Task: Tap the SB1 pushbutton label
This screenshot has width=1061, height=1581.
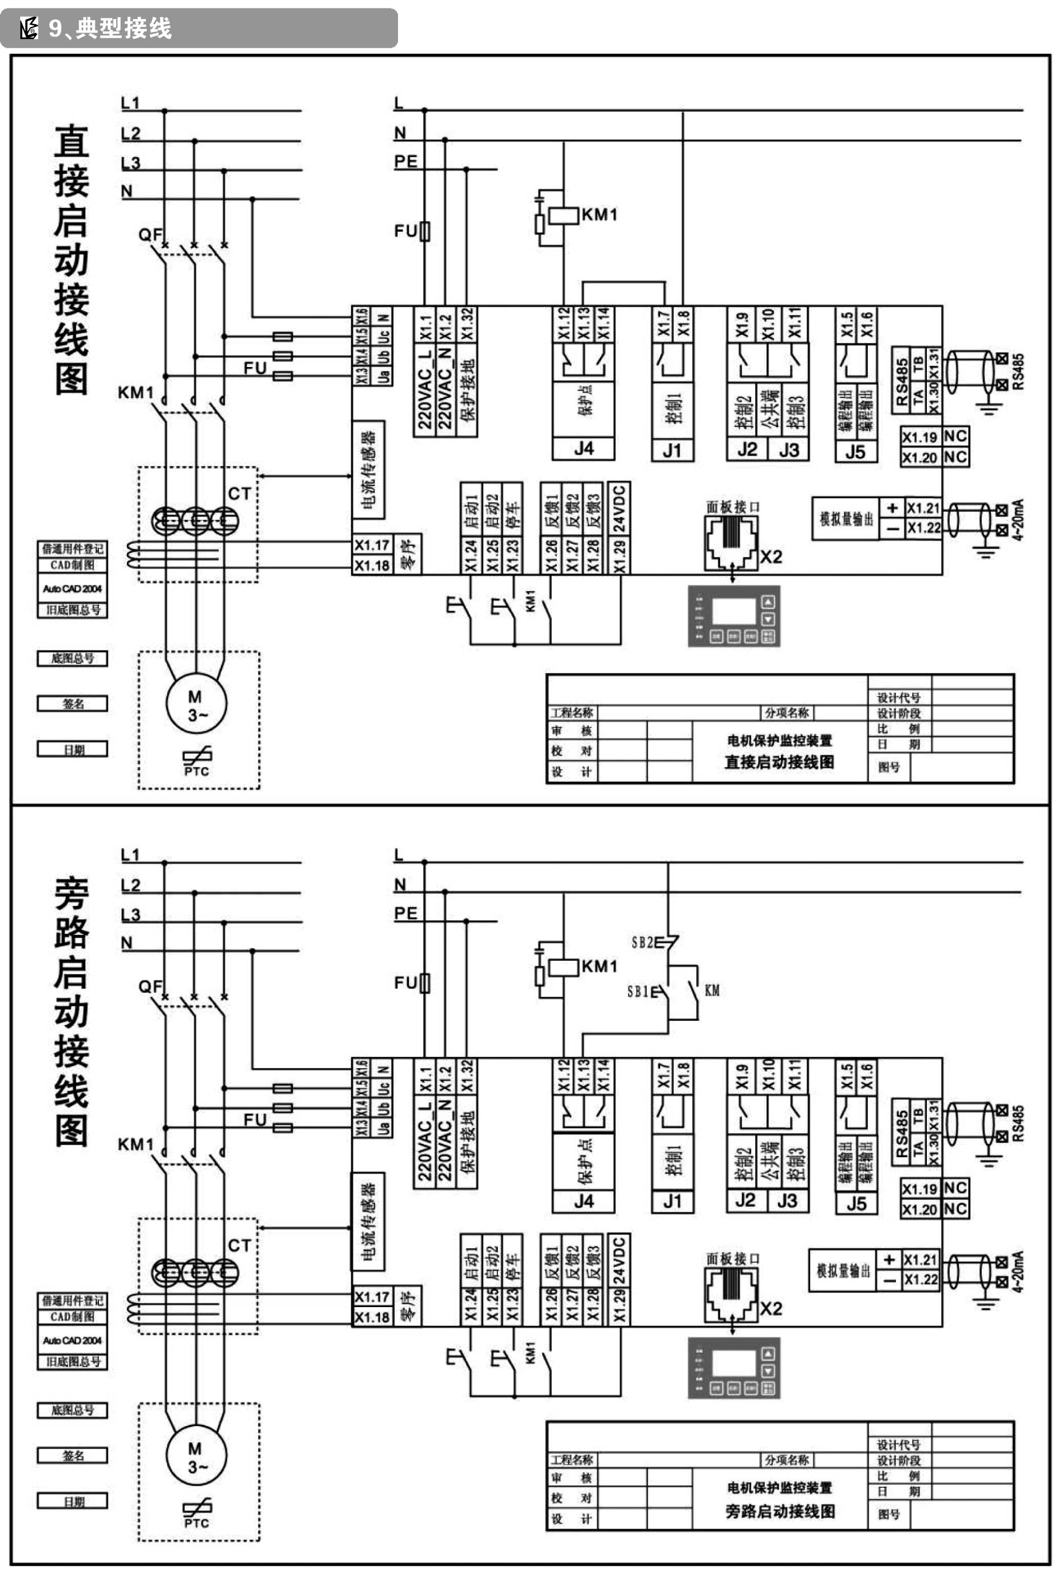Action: tap(638, 992)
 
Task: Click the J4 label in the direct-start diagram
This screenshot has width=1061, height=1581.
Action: tap(583, 448)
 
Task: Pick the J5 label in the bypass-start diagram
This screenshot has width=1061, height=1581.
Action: tap(856, 1203)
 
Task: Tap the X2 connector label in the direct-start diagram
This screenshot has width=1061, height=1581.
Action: tap(771, 557)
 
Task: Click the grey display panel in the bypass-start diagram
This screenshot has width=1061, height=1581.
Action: tap(734, 1367)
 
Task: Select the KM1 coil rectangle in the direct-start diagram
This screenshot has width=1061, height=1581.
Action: tap(563, 215)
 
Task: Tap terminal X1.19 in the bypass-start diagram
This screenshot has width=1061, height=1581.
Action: tap(919, 1189)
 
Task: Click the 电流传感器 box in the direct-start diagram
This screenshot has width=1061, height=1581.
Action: tap(368, 470)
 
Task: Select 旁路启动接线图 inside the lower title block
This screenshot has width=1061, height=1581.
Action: tap(780, 1511)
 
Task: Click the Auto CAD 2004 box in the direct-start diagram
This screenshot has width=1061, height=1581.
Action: tap(72, 589)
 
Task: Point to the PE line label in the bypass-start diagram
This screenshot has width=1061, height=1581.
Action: tap(405, 913)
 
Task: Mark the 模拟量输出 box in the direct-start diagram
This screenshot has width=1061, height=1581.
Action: tap(846, 519)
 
